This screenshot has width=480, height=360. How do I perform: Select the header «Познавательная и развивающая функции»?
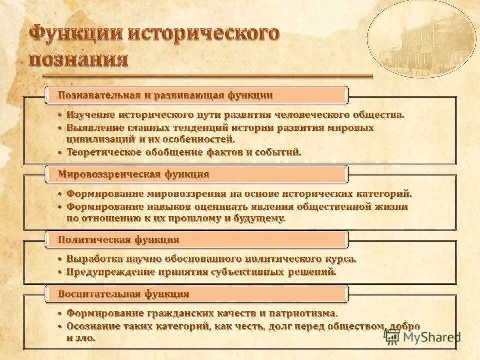click(165, 95)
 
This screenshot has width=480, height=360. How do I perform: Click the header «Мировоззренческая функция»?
click(133, 174)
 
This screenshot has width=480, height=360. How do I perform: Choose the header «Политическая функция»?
click(118, 239)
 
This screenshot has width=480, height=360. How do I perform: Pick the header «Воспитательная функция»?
click(123, 294)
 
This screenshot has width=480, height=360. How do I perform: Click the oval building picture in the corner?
click(421, 40)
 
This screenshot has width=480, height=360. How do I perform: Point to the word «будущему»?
click(261, 218)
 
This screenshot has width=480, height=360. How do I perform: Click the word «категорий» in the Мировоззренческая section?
click(387, 194)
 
